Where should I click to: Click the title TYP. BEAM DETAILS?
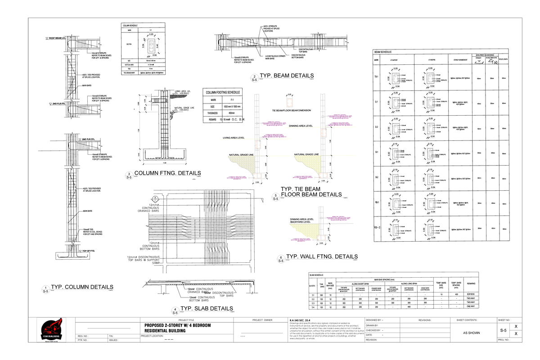(287, 76)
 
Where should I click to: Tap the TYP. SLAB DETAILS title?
(207, 308)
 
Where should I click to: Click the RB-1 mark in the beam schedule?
(376, 203)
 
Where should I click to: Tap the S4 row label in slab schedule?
(312, 306)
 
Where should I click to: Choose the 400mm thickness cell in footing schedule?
(232, 113)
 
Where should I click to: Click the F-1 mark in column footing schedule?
(232, 99)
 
